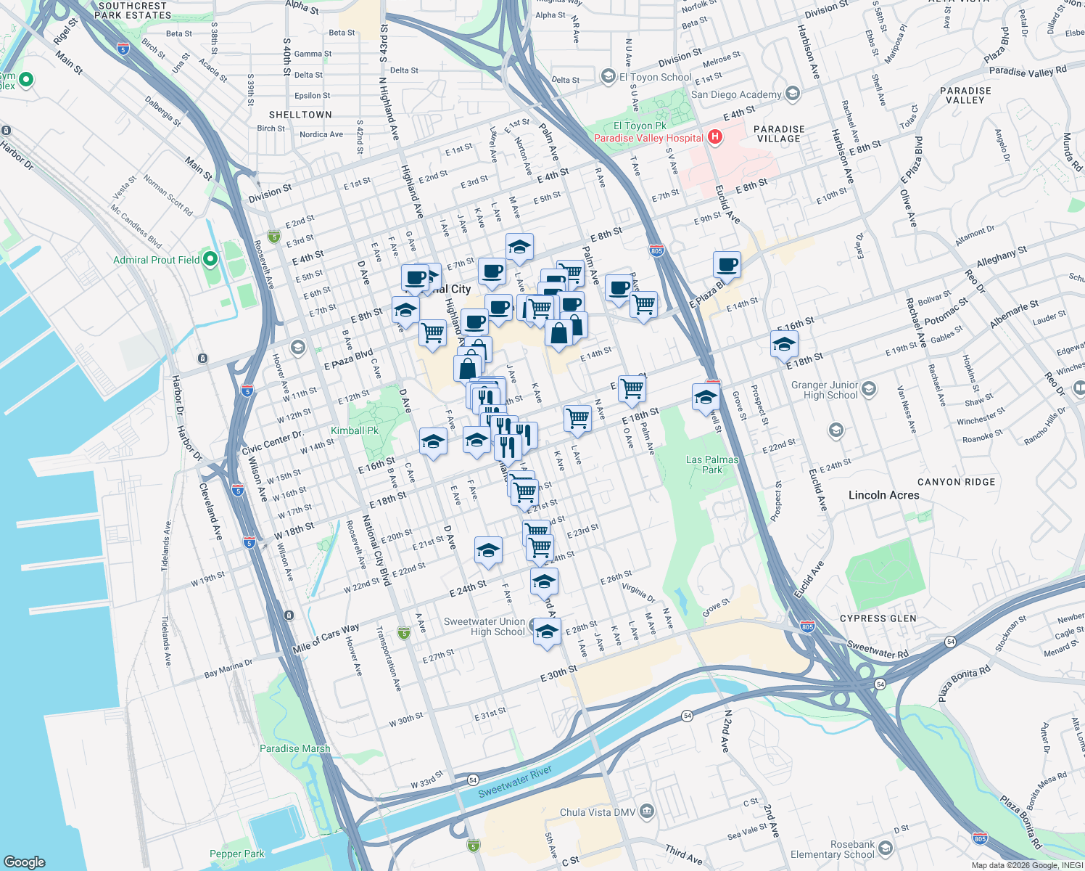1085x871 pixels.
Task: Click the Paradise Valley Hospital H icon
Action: [715, 137]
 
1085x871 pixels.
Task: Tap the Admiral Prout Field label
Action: [156, 260]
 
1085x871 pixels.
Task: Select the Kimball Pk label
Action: [355, 430]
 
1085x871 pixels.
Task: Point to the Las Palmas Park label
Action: [711, 465]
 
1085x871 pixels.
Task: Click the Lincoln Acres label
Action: [883, 495]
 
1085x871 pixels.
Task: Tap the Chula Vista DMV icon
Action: [647, 811]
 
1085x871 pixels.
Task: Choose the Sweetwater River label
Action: [515, 782]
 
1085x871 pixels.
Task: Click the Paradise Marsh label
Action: [294, 748]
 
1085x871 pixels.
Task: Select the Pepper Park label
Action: [236, 854]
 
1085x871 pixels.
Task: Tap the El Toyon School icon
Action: [608, 76]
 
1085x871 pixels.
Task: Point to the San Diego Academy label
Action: [735, 94]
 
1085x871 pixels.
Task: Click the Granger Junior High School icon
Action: [869, 390]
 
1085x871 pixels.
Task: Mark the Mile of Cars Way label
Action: [326, 637]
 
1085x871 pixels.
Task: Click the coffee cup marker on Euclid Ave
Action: [726, 264]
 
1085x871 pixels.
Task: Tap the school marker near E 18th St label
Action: [784, 344]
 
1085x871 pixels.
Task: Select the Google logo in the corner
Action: [24, 862]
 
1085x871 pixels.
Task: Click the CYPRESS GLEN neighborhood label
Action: [878, 618]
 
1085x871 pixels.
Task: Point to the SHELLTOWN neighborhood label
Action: [300, 115]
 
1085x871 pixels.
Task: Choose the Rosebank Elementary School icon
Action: [885, 845]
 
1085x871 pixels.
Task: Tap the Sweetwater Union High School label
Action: [484, 626]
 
